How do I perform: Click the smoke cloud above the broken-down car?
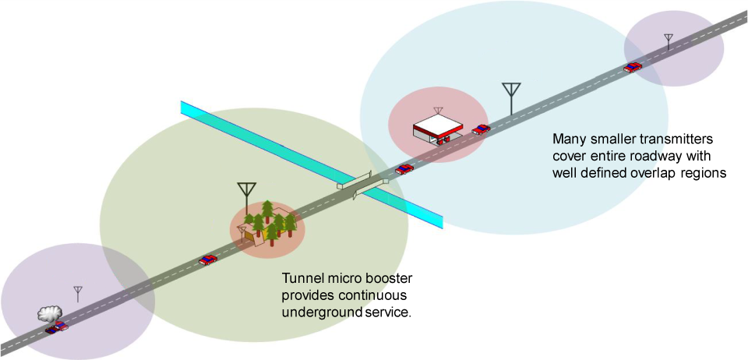click(x=49, y=313)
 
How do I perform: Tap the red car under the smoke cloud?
click(x=56, y=327)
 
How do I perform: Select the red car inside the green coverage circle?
click(x=207, y=259)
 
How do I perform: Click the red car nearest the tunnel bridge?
click(x=404, y=168)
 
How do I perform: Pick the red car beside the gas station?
click(x=482, y=129)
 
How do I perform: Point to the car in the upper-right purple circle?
click(x=633, y=67)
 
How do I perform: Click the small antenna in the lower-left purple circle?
click(x=78, y=294)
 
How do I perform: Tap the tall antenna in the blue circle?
click(x=511, y=97)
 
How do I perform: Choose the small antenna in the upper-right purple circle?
click(x=668, y=41)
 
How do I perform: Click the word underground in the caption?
click(x=323, y=313)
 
